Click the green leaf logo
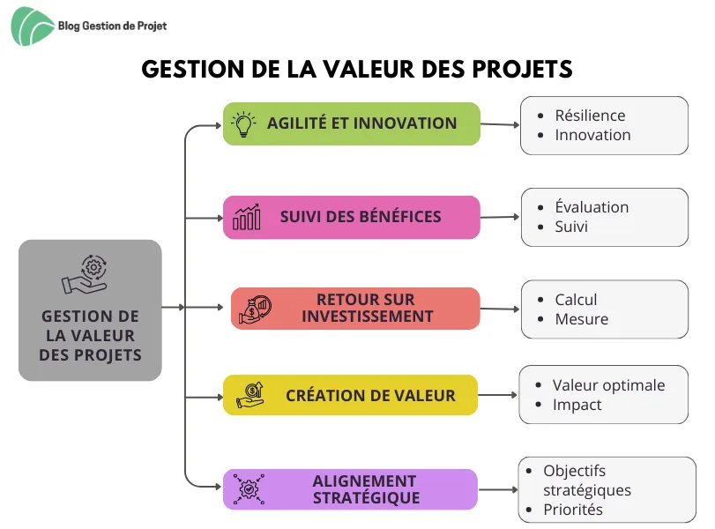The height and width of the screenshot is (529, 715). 31,26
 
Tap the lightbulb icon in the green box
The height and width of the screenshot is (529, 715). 243,124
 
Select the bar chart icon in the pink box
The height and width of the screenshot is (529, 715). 247,217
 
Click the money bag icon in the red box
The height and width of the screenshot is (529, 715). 256,309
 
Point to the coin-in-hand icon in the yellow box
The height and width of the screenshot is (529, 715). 250,395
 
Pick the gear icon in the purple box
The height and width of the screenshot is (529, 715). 249,489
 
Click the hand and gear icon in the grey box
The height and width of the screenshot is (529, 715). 85,274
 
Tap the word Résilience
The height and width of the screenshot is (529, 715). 590,115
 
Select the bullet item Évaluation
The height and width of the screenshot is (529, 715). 592,207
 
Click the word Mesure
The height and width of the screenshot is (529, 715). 581,319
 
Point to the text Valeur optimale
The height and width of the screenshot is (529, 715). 608,385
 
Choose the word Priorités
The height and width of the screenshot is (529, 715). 573,510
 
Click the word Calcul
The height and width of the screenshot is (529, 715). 576,300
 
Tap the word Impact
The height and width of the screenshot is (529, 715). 577,405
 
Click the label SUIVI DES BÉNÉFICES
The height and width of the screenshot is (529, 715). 361,217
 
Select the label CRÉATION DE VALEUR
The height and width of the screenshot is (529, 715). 370,395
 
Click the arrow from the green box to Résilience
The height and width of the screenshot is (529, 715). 500,124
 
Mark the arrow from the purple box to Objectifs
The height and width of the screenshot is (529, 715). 498,490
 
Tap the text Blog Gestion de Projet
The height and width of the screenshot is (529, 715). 112,26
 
